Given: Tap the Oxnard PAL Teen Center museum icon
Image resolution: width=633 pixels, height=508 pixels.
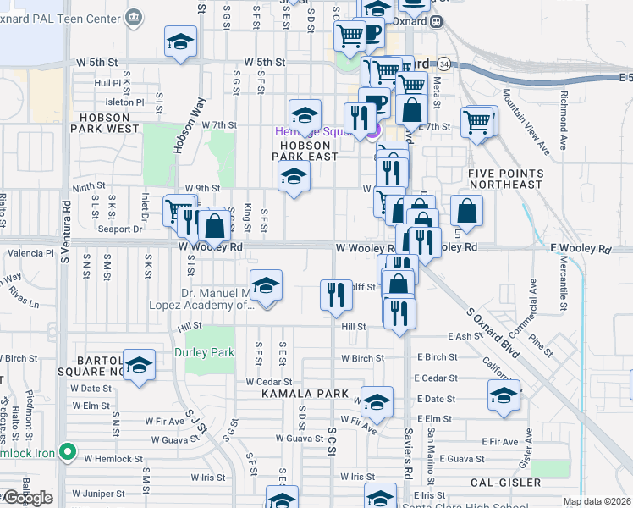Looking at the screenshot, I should click(x=134, y=18).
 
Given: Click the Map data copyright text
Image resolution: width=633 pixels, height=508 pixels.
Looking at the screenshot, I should click(x=597, y=501).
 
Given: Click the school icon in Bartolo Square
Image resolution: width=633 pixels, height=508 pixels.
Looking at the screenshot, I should click(x=139, y=365).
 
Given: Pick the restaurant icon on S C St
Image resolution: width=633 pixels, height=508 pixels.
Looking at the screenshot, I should click(x=336, y=295).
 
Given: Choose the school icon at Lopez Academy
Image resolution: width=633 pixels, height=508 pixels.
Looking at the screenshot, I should click(x=266, y=285).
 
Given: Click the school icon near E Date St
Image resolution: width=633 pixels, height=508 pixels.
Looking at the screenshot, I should click(x=504, y=395).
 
